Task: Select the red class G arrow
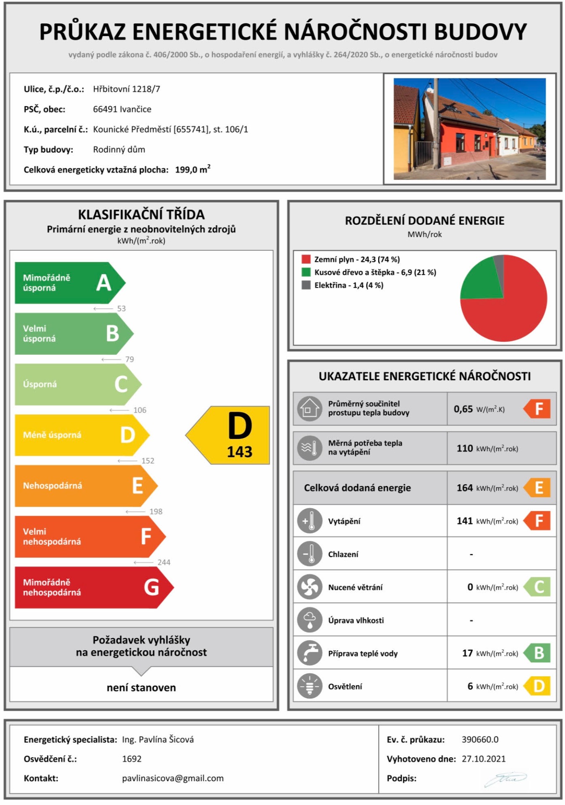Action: (x=92, y=587)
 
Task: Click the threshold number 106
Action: (x=140, y=410)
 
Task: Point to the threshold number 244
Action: (x=164, y=562)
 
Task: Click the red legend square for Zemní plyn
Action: (x=306, y=259)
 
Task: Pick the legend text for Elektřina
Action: (x=348, y=285)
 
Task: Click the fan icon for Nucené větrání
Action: (x=310, y=587)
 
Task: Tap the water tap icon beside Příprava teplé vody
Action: (x=310, y=653)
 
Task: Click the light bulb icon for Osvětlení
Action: (x=310, y=686)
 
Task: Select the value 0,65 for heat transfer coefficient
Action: (x=463, y=409)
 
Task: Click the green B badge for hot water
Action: (x=538, y=653)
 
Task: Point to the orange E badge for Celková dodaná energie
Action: (x=538, y=488)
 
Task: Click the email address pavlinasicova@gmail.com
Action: (x=173, y=778)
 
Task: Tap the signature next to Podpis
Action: (x=506, y=779)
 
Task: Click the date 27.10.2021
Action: (x=483, y=759)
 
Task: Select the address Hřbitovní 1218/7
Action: (x=126, y=89)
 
